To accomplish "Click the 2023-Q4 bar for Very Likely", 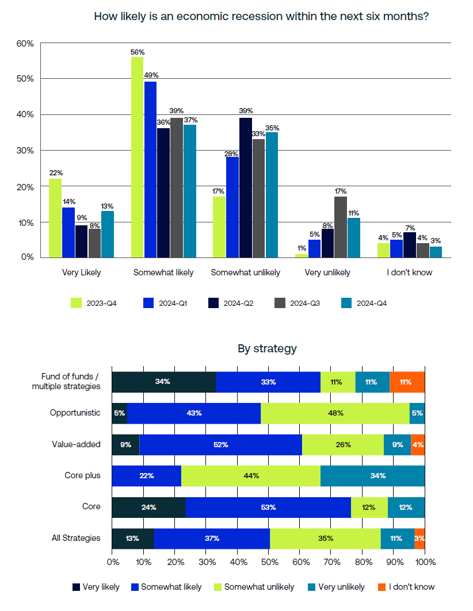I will click(x=55, y=218).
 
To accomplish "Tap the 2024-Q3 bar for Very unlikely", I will click(x=341, y=227).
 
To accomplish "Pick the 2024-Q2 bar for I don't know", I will click(x=410, y=245).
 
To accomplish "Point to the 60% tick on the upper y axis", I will click(x=26, y=44).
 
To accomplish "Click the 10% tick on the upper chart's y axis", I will click(x=26, y=222).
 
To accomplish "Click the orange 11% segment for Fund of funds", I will click(x=407, y=382).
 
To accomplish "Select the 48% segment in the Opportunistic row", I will click(x=335, y=413).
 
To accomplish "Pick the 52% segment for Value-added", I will click(x=220, y=444).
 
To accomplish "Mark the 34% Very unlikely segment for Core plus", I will click(x=372, y=476).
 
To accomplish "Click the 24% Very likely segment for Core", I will click(x=148, y=507).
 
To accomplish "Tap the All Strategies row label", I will click(x=76, y=538).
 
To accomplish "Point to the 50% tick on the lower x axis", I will click(x=268, y=560).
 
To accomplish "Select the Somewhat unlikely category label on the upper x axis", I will click(x=246, y=272).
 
